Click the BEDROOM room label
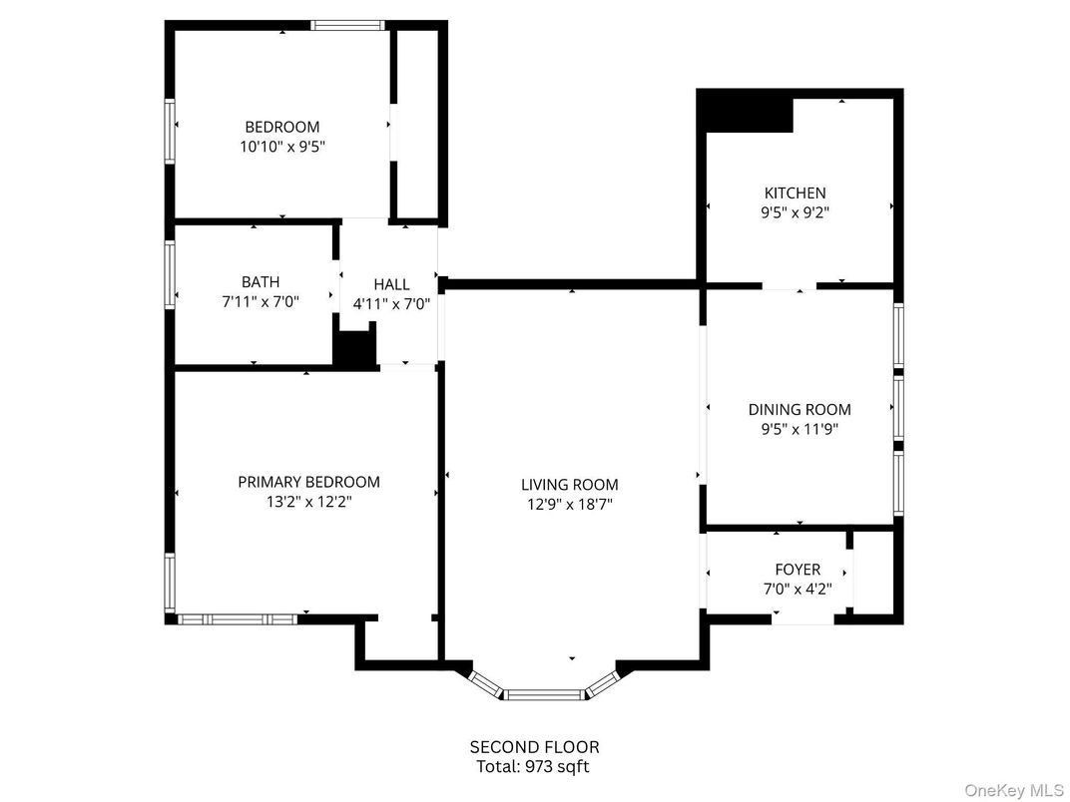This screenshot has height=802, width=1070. point(282,127)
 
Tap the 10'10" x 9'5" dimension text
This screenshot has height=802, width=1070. point(282,146)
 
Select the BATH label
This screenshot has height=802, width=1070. point(261,282)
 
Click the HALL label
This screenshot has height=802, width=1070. point(391,284)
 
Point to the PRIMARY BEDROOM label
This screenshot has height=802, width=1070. point(308,482)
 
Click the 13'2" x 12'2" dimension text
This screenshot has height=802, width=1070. point(308,502)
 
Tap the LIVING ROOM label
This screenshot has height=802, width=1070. point(569,485)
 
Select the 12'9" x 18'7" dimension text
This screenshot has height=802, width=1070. point(569,504)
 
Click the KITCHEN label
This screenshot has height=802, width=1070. point(795,193)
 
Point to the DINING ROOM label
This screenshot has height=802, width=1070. point(800,409)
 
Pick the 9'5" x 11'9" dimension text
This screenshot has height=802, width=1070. point(800,429)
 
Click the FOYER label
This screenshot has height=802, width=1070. point(798,570)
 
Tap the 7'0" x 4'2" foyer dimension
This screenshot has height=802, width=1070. point(798,589)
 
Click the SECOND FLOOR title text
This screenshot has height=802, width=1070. point(535,746)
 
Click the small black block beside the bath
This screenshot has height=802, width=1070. point(352,349)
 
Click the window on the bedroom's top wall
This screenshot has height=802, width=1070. point(347,26)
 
